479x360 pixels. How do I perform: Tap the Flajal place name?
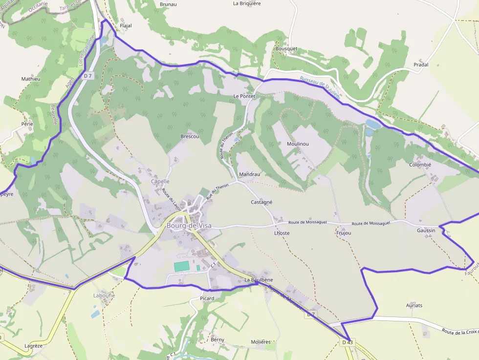pyautogui.click(x=126, y=26)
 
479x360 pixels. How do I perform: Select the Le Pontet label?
pyautogui.click(x=244, y=96)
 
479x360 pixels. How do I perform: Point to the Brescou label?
pyautogui.click(x=190, y=136)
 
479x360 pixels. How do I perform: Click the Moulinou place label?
pyautogui.click(x=298, y=144)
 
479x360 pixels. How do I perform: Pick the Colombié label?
pyautogui.click(x=420, y=165)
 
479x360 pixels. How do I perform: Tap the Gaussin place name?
pyautogui.click(x=426, y=230)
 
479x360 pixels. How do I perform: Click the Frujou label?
pyautogui.click(x=344, y=233)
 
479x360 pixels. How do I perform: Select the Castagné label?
pyautogui.click(x=261, y=202)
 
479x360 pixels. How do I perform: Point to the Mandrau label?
pyautogui.click(x=249, y=174)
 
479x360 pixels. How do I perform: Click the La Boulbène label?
pyautogui.click(x=259, y=280)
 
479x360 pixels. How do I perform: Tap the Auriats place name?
pyautogui.click(x=414, y=305)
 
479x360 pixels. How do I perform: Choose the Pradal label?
pyautogui.click(x=421, y=64)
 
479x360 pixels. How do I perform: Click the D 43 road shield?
pyautogui.click(x=347, y=342)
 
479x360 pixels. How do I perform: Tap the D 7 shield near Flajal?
pyautogui.click(x=88, y=76)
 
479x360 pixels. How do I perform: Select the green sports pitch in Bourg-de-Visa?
pyautogui.click(x=181, y=267)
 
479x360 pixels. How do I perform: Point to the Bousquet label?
pyautogui.click(x=286, y=49)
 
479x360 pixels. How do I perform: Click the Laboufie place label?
pyautogui.click(x=104, y=296)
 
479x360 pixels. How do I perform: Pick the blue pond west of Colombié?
pyautogui.click(x=373, y=125)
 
